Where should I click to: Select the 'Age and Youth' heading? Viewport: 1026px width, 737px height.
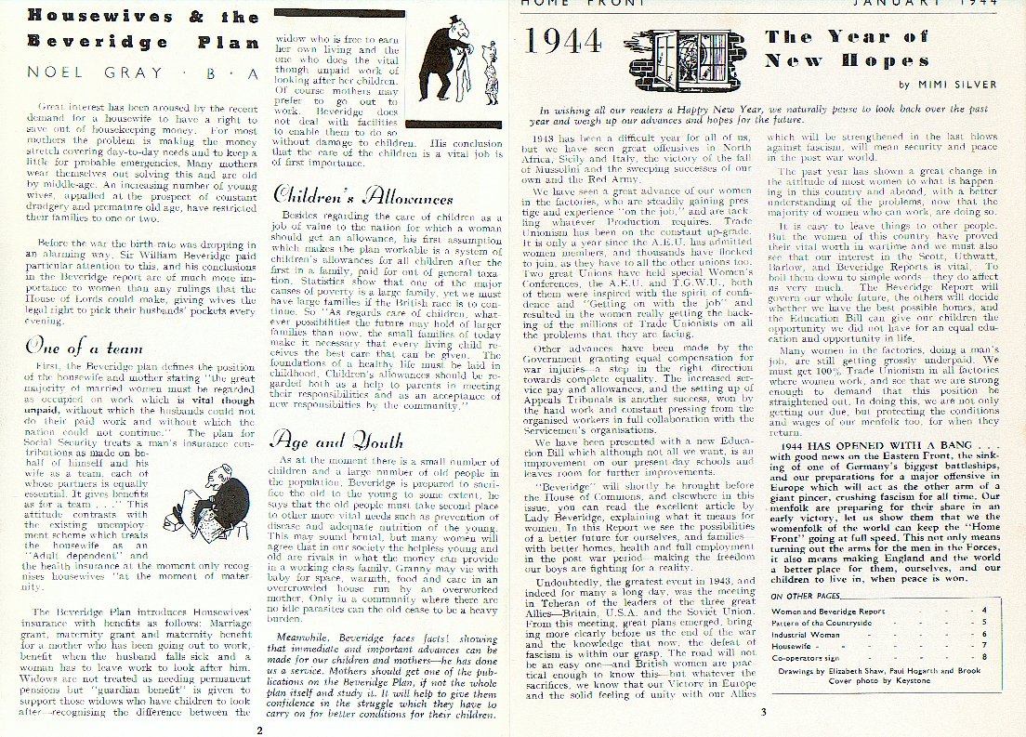pos(336,441)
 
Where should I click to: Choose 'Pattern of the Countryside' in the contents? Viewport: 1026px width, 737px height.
pos(822,623)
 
